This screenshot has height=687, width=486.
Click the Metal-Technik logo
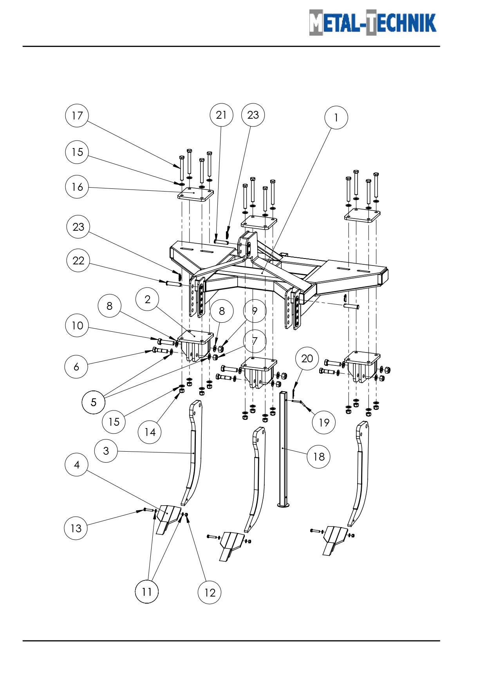tap(372, 23)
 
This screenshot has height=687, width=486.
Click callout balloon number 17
tap(77, 116)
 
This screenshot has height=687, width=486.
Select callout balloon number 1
tap(336, 118)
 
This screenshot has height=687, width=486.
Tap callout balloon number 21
tap(221, 115)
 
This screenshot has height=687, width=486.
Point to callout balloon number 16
tap(77, 187)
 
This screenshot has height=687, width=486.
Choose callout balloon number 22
tap(78, 260)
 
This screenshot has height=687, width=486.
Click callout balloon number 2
tap(147, 299)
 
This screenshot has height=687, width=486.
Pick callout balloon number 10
tap(77, 325)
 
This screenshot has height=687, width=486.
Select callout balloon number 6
tap(76, 367)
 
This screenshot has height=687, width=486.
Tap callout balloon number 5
tap(93, 402)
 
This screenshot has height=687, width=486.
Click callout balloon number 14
tap(150, 432)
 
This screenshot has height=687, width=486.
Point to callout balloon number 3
tap(106, 451)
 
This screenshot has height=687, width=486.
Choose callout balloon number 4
tap(76, 465)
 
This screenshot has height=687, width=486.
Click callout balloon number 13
tap(76, 528)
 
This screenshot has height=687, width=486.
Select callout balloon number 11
tap(146, 591)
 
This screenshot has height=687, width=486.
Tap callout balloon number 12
tap(210, 593)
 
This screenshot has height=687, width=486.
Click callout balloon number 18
tap(319, 457)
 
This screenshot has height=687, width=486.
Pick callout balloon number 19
tap(324, 423)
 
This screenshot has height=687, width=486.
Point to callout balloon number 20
tap(307, 358)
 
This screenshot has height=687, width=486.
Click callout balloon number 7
tap(255, 341)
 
